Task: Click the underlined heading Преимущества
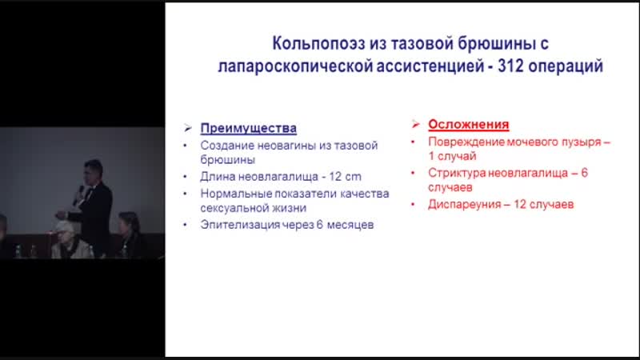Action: pos(248,128)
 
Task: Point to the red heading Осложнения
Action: pos(469,126)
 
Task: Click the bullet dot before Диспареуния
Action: pos(412,204)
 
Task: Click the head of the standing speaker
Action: pos(91,172)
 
